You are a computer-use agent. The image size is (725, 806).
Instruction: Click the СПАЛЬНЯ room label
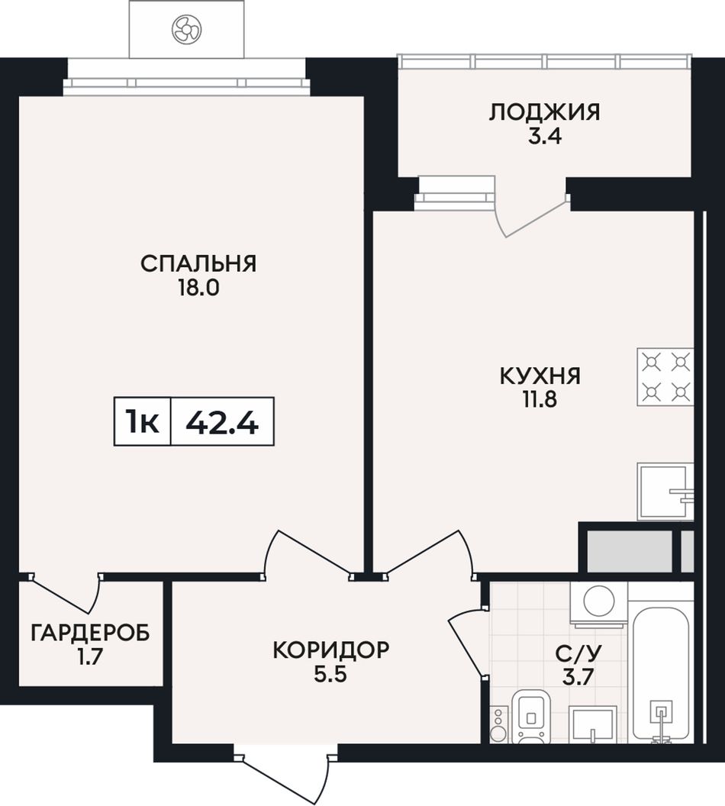[198, 263]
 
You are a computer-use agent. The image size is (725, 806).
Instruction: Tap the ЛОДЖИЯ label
[544, 112]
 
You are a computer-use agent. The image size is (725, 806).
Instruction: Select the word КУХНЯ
[540, 376]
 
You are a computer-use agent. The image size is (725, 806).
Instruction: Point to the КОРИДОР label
[331, 650]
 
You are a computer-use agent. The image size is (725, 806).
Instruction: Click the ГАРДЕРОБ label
[90, 633]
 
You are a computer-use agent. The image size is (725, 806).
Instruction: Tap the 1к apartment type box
[142, 421]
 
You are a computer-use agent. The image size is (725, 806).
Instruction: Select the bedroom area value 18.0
[198, 288]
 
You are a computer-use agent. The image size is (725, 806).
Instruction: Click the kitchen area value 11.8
[540, 399]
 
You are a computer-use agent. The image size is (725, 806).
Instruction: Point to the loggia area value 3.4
[544, 137]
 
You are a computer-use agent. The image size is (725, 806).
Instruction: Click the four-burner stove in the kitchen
[665, 377]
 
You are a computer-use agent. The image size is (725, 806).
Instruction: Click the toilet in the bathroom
[533, 716]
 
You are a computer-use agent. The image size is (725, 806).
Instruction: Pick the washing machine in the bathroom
[598, 604]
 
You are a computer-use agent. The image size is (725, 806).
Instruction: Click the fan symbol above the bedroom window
[186, 29]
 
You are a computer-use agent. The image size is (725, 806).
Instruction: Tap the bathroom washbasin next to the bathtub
[592, 724]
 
